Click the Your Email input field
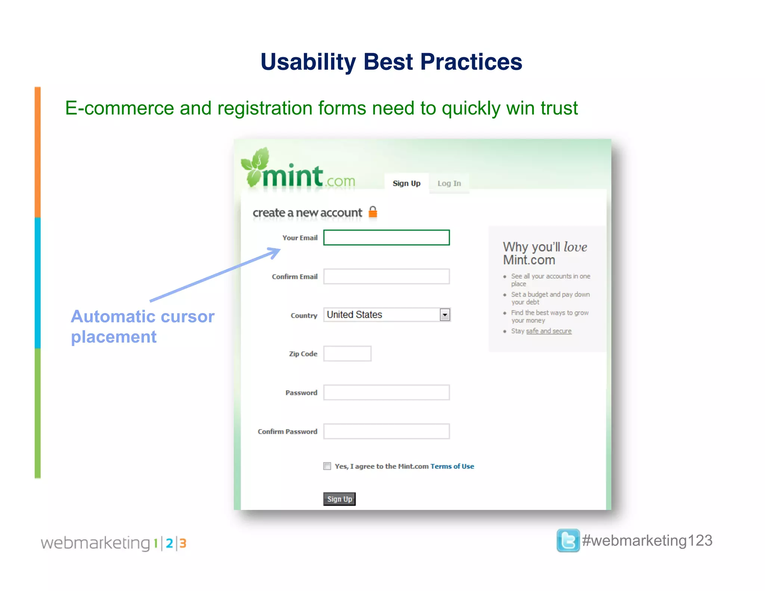point(386,238)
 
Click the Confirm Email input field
point(386,276)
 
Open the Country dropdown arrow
point(445,315)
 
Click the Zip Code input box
point(347,354)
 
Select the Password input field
point(386,393)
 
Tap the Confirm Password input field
point(386,431)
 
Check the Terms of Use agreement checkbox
point(327,466)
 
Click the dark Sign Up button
point(339,499)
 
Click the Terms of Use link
point(452,466)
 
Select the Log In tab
point(449,183)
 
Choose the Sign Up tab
point(406,183)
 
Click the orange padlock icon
point(373,212)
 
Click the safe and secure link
point(548,331)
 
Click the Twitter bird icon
point(568,541)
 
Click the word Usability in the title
point(308,62)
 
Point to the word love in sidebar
point(575,247)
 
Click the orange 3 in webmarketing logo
point(183,543)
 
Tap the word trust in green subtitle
point(559,108)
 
